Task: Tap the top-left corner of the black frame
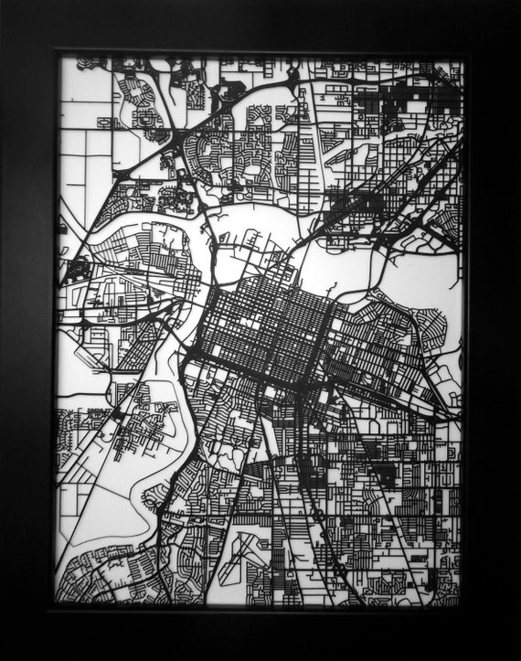pyautogui.click(x=3, y=3)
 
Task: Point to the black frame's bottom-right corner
pyautogui.click(x=517, y=657)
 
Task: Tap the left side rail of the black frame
pyautogui.click(x=27, y=329)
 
